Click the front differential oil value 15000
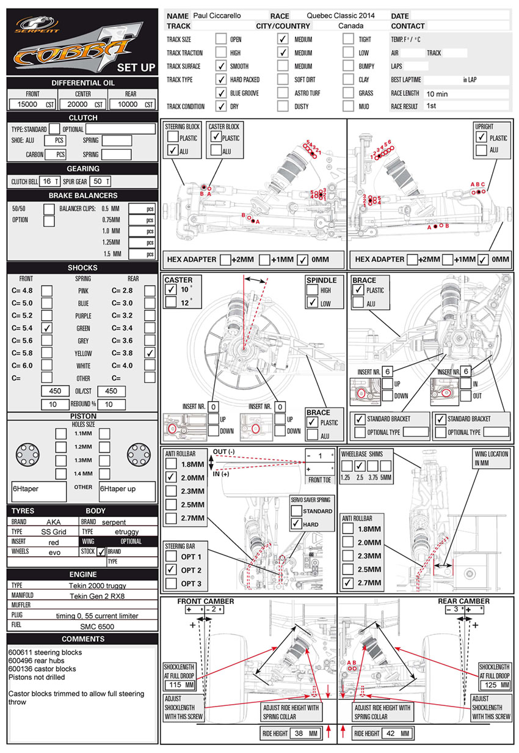tap(27, 105)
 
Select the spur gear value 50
tap(98, 182)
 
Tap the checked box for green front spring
tap(47, 328)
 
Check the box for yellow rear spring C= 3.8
tap(150, 353)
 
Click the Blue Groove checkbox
tap(221, 93)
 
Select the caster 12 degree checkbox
tap(170, 301)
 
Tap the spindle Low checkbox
tap(312, 303)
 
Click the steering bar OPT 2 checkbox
tap(170, 570)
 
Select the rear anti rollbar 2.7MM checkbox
tap(347, 582)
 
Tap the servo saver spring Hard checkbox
tap(297, 524)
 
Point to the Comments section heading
tap(79, 639)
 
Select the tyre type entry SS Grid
tap(54, 532)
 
